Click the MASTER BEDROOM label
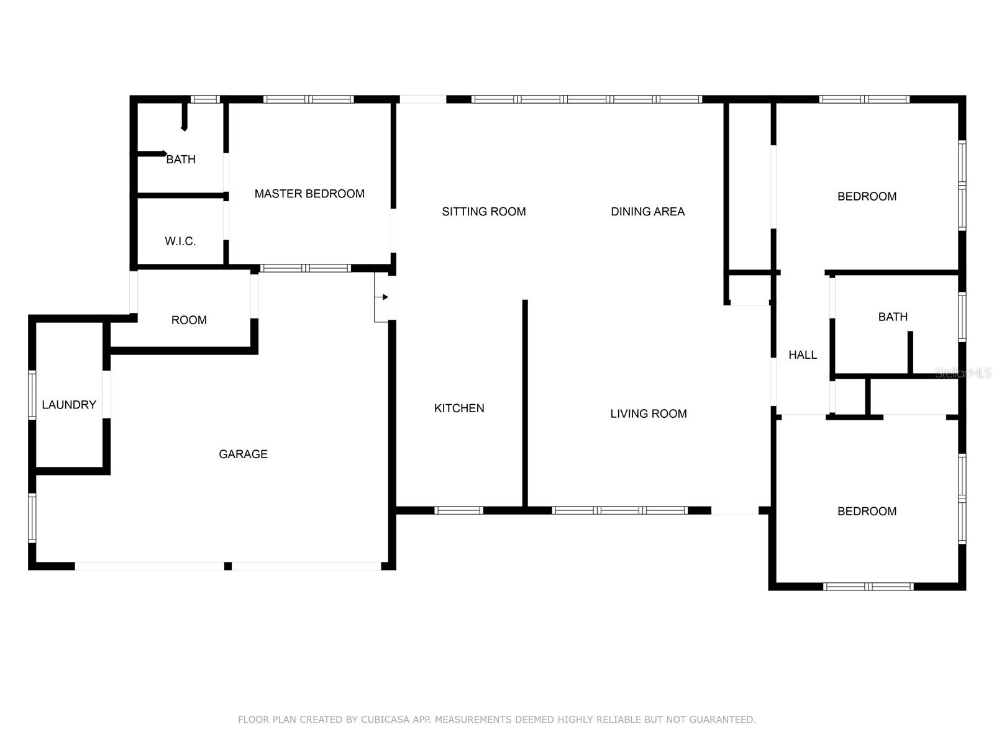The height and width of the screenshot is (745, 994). (309, 194)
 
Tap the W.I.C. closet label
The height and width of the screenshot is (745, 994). (180, 241)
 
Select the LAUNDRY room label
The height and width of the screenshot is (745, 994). (69, 405)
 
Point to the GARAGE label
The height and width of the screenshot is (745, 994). (243, 454)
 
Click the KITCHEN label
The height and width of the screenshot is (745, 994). (459, 408)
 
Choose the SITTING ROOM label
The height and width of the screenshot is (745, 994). (483, 212)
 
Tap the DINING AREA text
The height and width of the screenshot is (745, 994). (647, 212)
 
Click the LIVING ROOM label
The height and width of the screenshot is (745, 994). (648, 413)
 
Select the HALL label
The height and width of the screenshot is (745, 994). (802, 355)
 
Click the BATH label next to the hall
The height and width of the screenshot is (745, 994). (893, 317)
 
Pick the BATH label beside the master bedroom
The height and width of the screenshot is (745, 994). (181, 160)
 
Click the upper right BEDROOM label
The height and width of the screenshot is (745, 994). (867, 197)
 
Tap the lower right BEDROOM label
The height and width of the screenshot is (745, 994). (867, 512)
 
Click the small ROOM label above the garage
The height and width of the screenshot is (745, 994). (189, 320)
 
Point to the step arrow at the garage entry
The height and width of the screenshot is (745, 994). (385, 297)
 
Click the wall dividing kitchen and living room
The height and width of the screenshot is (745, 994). (525, 404)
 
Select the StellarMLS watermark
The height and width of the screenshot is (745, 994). (962, 372)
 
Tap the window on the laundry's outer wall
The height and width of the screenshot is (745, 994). (32, 395)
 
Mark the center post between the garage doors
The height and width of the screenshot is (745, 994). (228, 566)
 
